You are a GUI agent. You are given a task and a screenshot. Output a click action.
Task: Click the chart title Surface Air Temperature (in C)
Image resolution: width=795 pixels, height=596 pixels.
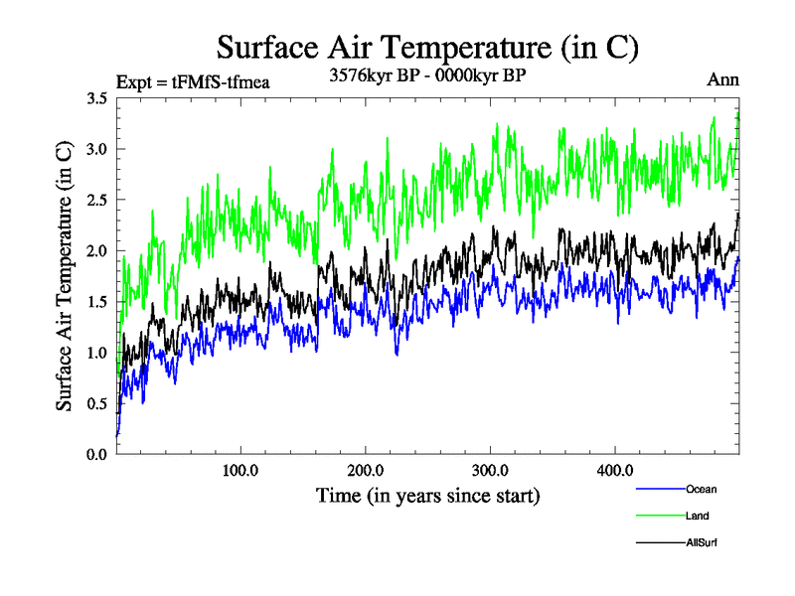pyautogui.click(x=427, y=48)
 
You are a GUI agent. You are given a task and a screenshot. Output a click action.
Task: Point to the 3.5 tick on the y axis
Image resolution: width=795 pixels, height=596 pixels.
pyautogui.click(x=97, y=98)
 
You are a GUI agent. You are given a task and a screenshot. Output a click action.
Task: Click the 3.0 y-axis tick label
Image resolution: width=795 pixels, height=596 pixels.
pyautogui.click(x=97, y=149)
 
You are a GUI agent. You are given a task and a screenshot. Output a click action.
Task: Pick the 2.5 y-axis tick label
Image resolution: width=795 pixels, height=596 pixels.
pyautogui.click(x=97, y=200)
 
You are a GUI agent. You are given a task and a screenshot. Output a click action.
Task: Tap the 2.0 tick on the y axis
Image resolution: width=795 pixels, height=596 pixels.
pyautogui.click(x=97, y=250)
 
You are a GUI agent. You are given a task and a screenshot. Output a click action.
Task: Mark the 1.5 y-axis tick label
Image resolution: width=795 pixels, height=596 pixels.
pyautogui.click(x=97, y=302)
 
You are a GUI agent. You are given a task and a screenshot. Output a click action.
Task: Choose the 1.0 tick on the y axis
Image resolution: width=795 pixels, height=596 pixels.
pyautogui.click(x=97, y=353)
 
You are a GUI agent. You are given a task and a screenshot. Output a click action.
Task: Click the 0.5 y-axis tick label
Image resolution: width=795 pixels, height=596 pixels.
pyautogui.click(x=97, y=403)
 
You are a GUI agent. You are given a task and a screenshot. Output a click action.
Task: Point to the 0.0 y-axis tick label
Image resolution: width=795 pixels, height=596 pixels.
pyautogui.click(x=97, y=454)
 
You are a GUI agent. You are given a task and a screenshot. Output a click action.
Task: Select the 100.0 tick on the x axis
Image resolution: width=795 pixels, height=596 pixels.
pyautogui.click(x=240, y=470)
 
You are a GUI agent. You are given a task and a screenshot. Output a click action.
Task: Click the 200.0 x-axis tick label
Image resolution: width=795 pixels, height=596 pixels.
pyautogui.click(x=366, y=470)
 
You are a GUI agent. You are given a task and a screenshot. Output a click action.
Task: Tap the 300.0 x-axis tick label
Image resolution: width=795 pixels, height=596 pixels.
pyautogui.click(x=491, y=470)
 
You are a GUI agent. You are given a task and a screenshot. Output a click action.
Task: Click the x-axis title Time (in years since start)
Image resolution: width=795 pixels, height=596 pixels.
pyautogui.click(x=427, y=495)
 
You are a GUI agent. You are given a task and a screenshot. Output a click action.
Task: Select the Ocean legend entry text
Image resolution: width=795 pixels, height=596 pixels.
pyautogui.click(x=701, y=489)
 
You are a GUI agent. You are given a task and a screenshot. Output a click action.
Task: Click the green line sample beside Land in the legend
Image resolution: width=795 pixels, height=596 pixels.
pyautogui.click(x=659, y=517)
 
